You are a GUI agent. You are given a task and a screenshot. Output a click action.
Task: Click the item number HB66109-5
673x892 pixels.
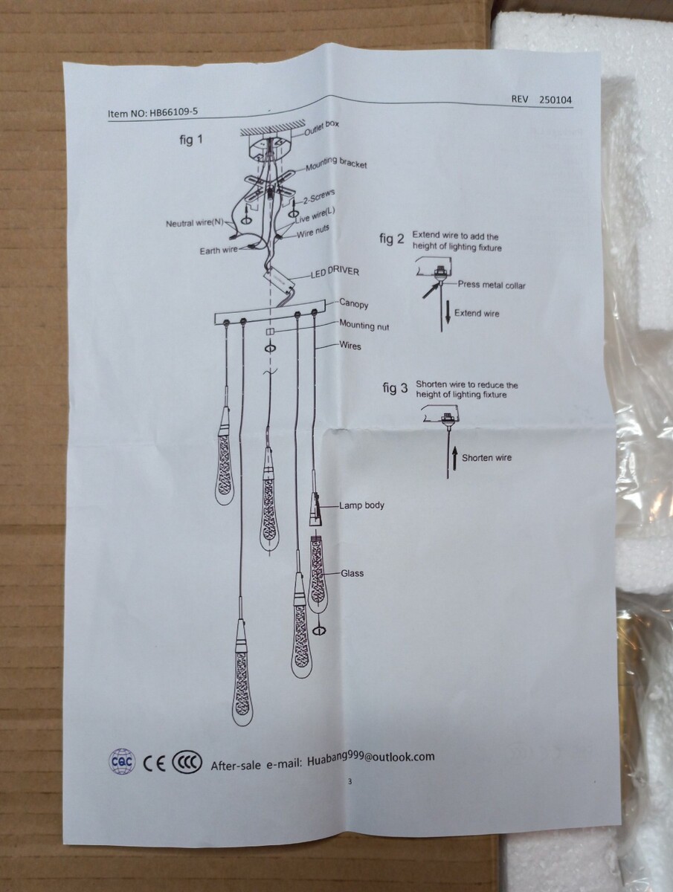pyautogui.click(x=173, y=112)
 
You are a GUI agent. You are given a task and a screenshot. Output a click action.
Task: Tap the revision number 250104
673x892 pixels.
pyautogui.click(x=556, y=100)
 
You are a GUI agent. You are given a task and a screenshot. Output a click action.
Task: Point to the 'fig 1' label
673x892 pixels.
pyautogui.click(x=191, y=140)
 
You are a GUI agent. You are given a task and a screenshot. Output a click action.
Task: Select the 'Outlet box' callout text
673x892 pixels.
pyautogui.click(x=321, y=128)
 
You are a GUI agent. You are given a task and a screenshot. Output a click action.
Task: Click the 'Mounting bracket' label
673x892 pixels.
pyautogui.click(x=336, y=163)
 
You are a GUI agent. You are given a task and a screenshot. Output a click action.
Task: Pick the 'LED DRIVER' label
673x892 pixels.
pyautogui.click(x=335, y=272)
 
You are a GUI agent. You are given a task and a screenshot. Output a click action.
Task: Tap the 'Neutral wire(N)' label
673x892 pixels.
pyautogui.click(x=195, y=223)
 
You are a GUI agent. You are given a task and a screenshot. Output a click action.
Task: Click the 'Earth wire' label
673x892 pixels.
pyautogui.click(x=219, y=251)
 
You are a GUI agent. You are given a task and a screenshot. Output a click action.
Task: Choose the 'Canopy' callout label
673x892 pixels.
pyautogui.click(x=353, y=303)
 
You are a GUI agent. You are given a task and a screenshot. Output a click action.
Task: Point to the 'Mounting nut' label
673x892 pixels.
pyautogui.click(x=364, y=325)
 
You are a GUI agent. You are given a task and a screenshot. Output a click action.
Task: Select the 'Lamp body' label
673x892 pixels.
pyautogui.click(x=361, y=505)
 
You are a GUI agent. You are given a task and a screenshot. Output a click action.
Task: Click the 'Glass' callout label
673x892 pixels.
pyautogui.click(x=352, y=573)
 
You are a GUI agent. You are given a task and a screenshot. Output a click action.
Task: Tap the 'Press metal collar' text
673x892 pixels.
pyautogui.click(x=492, y=285)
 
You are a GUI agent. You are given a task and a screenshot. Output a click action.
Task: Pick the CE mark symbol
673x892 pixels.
pyautogui.click(x=155, y=764)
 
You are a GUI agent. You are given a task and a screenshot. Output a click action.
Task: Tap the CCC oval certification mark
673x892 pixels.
pyautogui.click(x=187, y=762)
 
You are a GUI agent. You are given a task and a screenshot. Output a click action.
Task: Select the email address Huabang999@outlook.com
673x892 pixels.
pyautogui.click(x=370, y=759)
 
